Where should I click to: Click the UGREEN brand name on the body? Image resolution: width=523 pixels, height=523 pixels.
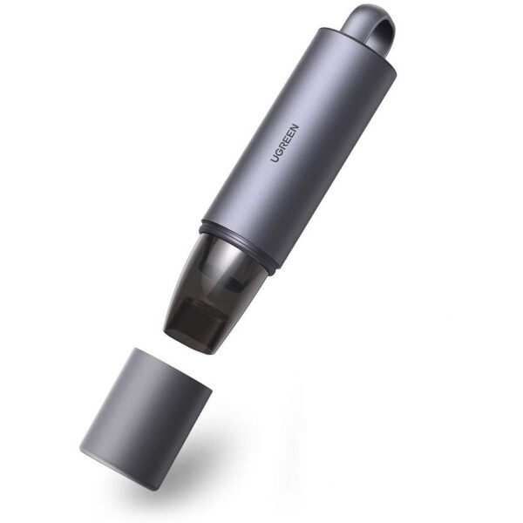pos(284,143)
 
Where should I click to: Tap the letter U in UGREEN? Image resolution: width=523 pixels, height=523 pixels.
pos(275,158)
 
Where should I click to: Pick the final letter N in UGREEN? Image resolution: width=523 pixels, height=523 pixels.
pos(295,128)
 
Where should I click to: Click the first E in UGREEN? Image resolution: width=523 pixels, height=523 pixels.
pos(286,139)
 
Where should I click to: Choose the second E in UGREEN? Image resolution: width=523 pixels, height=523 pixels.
pos(290,133)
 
